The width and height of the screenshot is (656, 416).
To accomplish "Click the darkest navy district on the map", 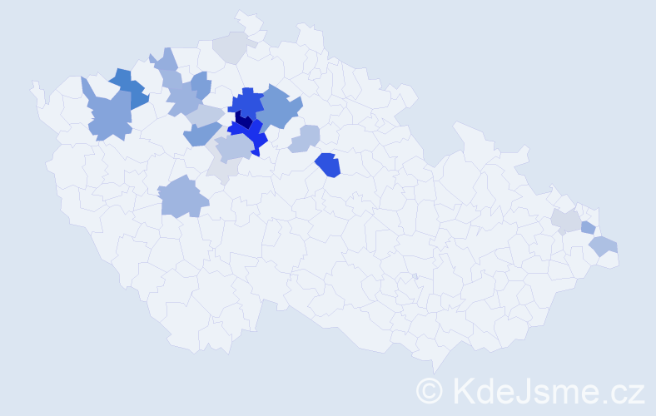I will click(x=243, y=120).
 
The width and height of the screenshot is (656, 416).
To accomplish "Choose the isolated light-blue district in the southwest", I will click(x=182, y=197).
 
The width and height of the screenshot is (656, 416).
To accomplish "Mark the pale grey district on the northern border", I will click(x=234, y=47).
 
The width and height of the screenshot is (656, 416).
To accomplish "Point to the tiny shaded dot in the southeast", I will click(x=415, y=276).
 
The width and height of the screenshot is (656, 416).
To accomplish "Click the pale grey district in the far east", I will click(x=566, y=220).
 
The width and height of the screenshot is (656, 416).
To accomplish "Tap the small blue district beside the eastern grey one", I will click(x=588, y=227).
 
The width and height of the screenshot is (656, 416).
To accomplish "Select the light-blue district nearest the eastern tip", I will click(x=603, y=245).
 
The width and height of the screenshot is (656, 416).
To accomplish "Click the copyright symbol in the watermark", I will click(x=430, y=389).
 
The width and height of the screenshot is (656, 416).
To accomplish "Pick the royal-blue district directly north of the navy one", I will click(x=247, y=102).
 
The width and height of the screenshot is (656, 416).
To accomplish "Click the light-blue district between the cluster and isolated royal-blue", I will click(x=306, y=138).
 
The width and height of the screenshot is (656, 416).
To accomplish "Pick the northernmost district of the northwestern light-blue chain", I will click(x=165, y=60).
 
